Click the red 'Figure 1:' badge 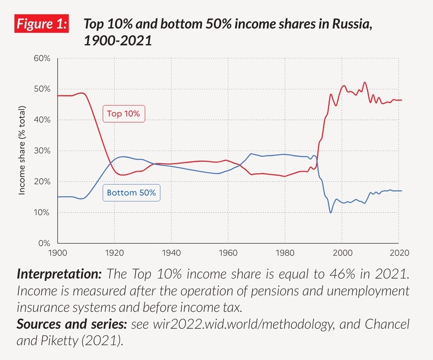pos(41,24)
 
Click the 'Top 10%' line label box pos(124,114)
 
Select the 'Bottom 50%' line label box pos(131,193)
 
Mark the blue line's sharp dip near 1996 pos(331,212)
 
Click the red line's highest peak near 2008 pos(364,83)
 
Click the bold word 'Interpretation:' pos(59,275)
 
